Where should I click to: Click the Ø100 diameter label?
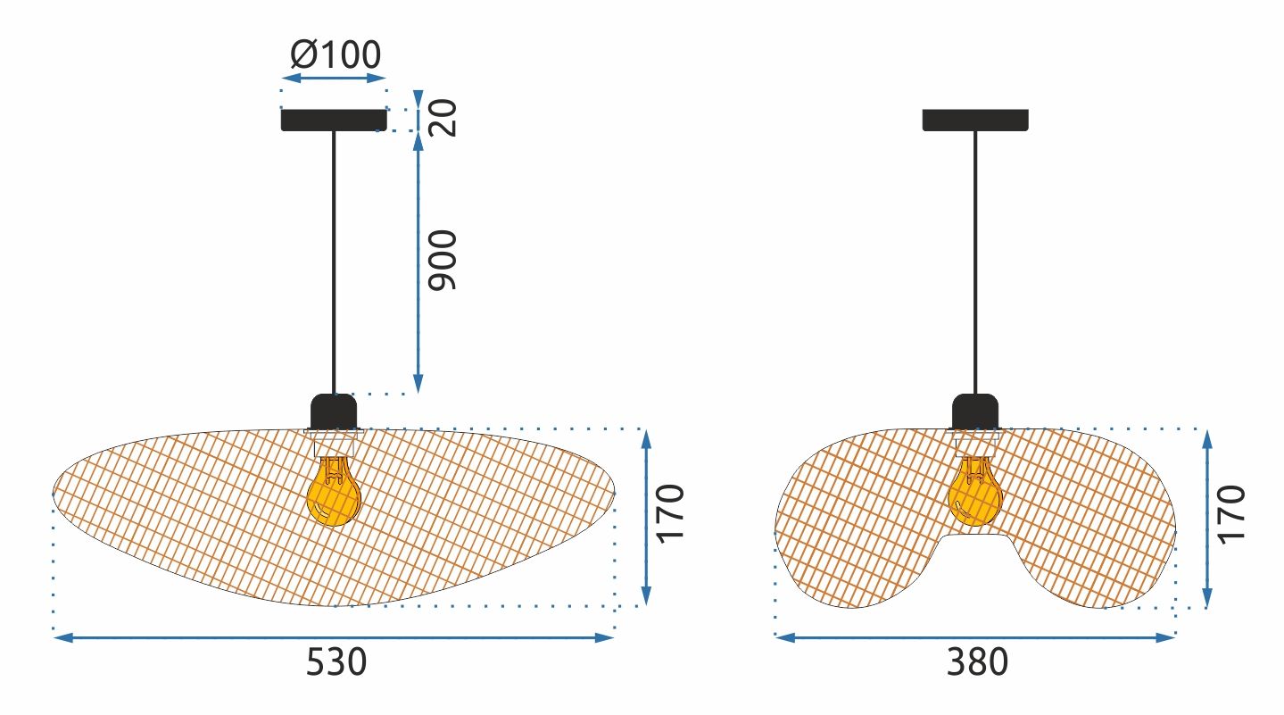[335, 55]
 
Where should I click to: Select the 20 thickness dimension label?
[443, 117]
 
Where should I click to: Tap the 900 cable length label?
[443, 260]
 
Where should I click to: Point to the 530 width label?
[336, 662]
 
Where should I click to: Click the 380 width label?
[977, 662]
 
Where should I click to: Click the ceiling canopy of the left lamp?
[335, 120]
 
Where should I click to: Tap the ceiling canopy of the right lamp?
[975, 120]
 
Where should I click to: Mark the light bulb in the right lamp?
[974, 493]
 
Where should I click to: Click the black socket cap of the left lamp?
[334, 412]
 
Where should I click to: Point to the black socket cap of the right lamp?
[975, 412]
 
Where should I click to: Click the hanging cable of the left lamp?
[334, 259]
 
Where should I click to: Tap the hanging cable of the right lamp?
[975, 259]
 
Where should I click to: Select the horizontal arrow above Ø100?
[335, 79]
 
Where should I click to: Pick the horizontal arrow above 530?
[335, 637]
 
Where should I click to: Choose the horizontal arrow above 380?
[975, 637]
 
